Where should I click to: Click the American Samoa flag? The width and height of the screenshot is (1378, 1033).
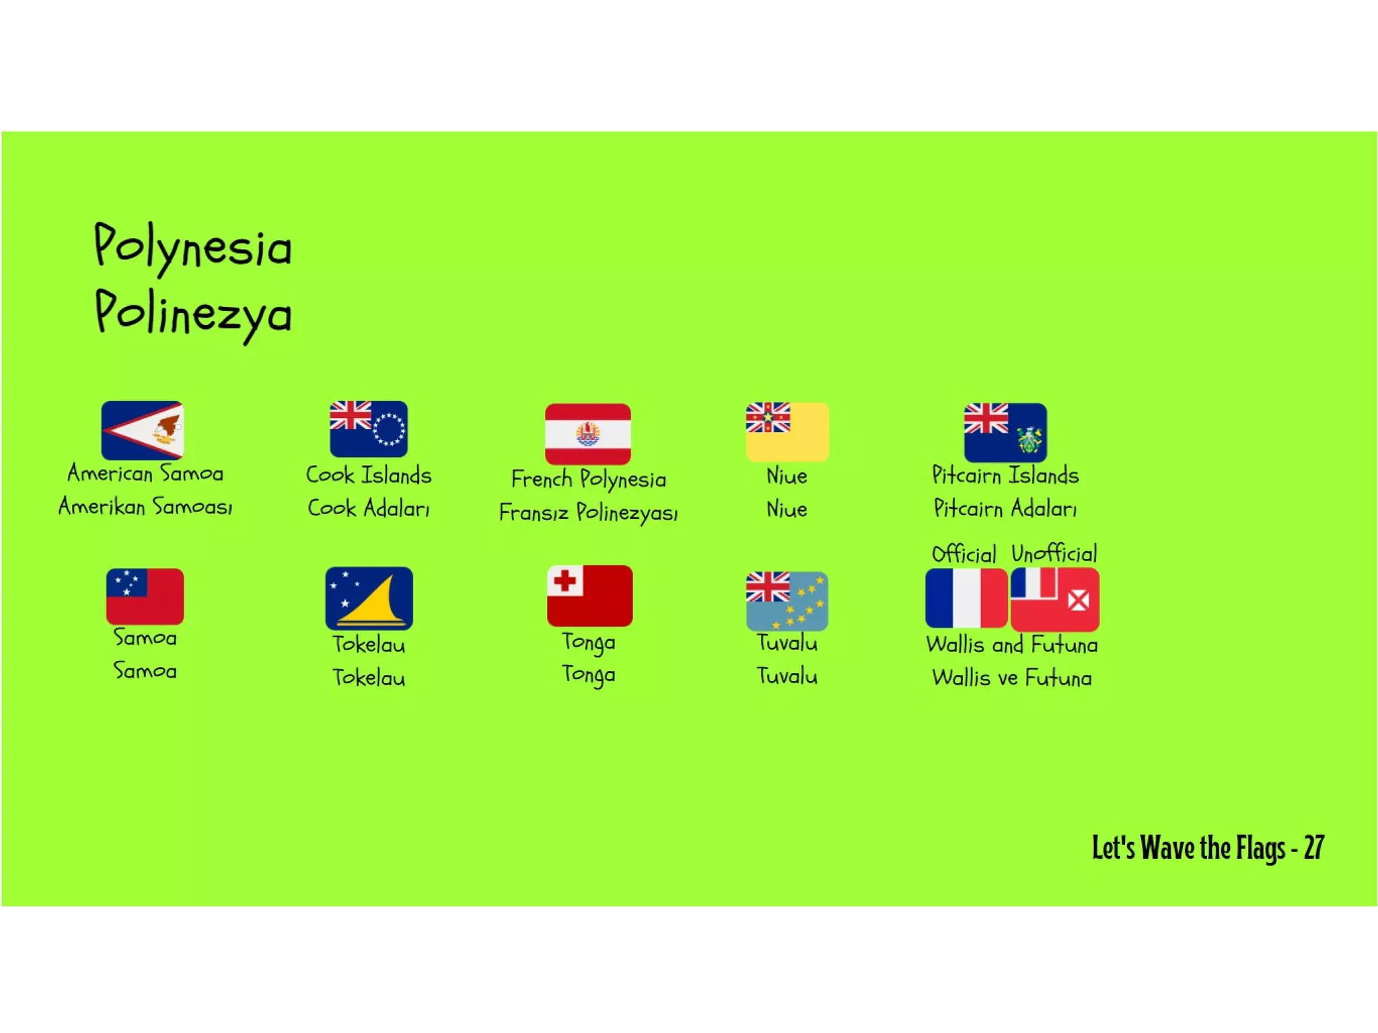(142, 430)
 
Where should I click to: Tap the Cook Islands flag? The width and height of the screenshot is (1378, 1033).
(368, 429)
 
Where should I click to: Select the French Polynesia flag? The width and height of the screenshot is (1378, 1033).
(587, 433)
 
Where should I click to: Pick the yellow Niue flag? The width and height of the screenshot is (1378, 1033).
(787, 431)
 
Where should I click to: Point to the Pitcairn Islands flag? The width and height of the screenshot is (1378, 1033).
(1005, 431)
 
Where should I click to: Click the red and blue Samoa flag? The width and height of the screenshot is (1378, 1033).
(145, 596)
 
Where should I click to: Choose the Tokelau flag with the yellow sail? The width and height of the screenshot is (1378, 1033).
(369, 598)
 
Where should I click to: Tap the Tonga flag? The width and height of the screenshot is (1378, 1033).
(589, 596)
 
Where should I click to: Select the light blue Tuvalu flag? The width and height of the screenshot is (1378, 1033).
(787, 600)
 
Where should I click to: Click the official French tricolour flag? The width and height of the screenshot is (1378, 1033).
(966, 598)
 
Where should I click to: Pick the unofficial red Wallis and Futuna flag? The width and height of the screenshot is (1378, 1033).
(1054, 599)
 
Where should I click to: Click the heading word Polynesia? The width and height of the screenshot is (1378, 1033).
(192, 246)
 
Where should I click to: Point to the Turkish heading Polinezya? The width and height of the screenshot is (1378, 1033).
(192, 314)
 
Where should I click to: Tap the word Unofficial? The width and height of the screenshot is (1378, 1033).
(1054, 553)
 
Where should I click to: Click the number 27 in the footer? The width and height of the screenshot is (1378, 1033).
(1313, 847)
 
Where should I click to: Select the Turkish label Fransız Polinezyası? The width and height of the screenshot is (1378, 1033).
(588, 512)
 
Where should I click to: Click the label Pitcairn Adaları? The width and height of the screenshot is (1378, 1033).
(1005, 508)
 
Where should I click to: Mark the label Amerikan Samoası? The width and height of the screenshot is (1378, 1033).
(145, 506)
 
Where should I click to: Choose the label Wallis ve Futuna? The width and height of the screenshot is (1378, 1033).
(1011, 677)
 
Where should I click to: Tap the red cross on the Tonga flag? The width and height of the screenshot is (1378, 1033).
(565, 580)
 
